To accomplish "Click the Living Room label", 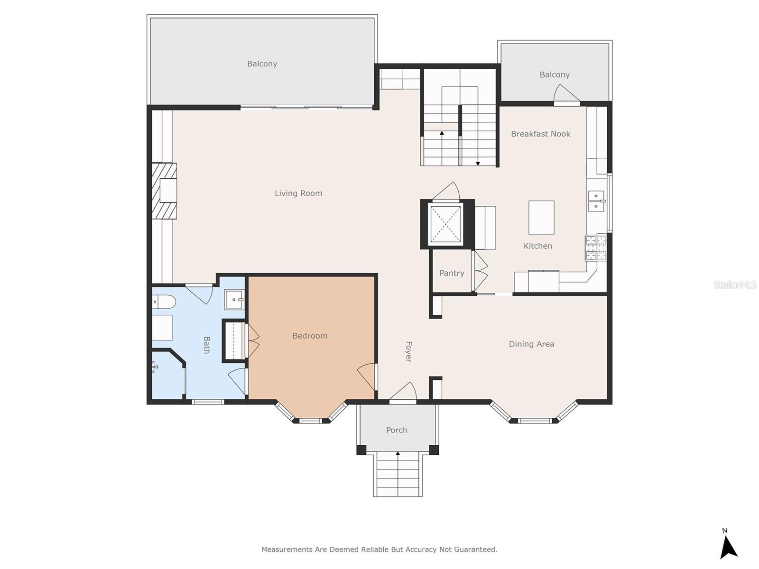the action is [298, 193].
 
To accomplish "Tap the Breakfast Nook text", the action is [540, 134].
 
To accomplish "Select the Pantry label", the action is [452, 273].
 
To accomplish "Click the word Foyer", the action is [408, 352].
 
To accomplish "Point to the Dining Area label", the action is [531, 344].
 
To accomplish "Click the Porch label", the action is [397, 430].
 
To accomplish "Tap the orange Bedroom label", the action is [310, 336].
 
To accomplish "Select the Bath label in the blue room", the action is [206, 345].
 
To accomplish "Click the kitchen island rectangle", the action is [541, 217].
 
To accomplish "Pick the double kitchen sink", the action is [596, 201].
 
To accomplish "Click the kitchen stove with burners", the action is [596, 248].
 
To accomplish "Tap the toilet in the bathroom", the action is [164, 302].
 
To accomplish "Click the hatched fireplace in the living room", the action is [164, 191].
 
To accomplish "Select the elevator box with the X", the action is [445, 224].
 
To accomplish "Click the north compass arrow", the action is [729, 547].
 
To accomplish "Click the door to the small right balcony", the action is [567, 95].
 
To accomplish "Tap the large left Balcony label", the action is [262, 64].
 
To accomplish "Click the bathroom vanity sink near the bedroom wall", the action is [234, 300].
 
